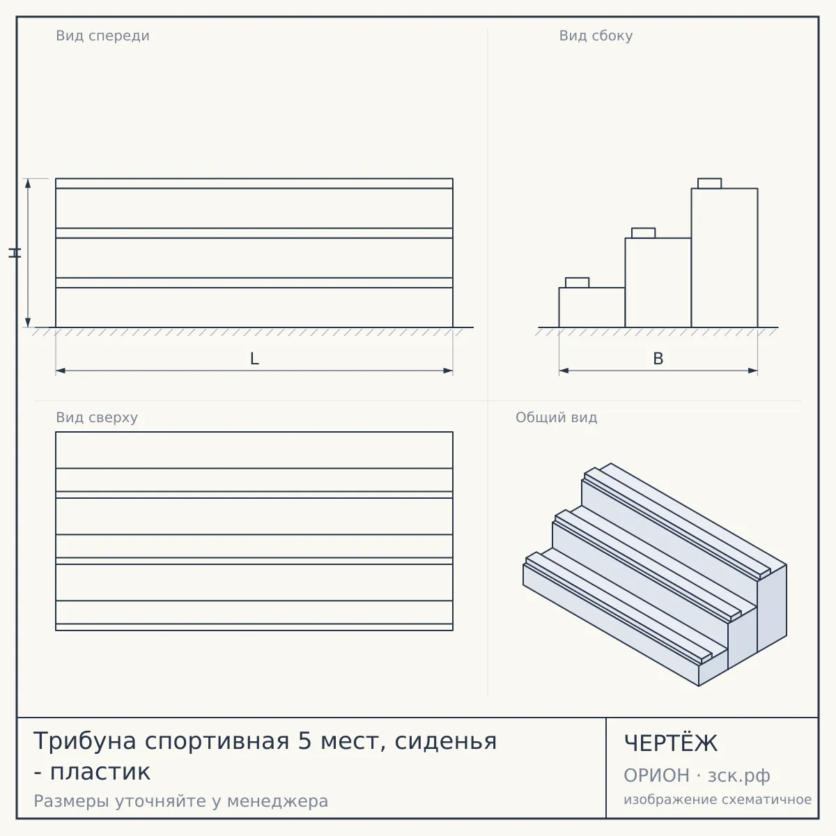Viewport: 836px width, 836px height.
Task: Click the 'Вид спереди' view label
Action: click(x=102, y=36)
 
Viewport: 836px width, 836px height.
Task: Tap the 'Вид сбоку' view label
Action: click(x=596, y=36)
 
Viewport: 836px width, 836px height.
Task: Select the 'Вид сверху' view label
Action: click(x=97, y=417)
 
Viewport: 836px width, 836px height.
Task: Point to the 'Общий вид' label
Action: click(x=556, y=417)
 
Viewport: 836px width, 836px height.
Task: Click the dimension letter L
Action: click(x=254, y=359)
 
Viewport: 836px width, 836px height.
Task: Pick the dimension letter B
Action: click(x=658, y=359)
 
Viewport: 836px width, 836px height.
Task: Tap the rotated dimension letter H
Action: click(x=15, y=253)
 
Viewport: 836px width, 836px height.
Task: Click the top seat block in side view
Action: click(x=710, y=183)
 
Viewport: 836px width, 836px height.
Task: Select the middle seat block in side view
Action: click(x=644, y=233)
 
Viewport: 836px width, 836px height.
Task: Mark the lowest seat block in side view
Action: click(x=577, y=283)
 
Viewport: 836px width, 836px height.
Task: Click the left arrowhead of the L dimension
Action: click(x=61, y=371)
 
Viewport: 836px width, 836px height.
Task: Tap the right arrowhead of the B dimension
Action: click(x=753, y=371)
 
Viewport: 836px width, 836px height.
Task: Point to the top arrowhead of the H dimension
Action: click(x=28, y=183)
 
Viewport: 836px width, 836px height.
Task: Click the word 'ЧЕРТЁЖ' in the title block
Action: click(x=671, y=743)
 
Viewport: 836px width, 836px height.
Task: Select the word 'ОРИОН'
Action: click(x=656, y=775)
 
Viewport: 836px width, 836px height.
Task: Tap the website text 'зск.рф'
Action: click(x=739, y=776)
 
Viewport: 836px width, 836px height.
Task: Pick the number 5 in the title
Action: click(x=305, y=741)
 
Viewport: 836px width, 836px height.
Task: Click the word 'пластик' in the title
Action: click(x=100, y=772)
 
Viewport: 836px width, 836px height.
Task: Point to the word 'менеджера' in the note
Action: click(x=278, y=801)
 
